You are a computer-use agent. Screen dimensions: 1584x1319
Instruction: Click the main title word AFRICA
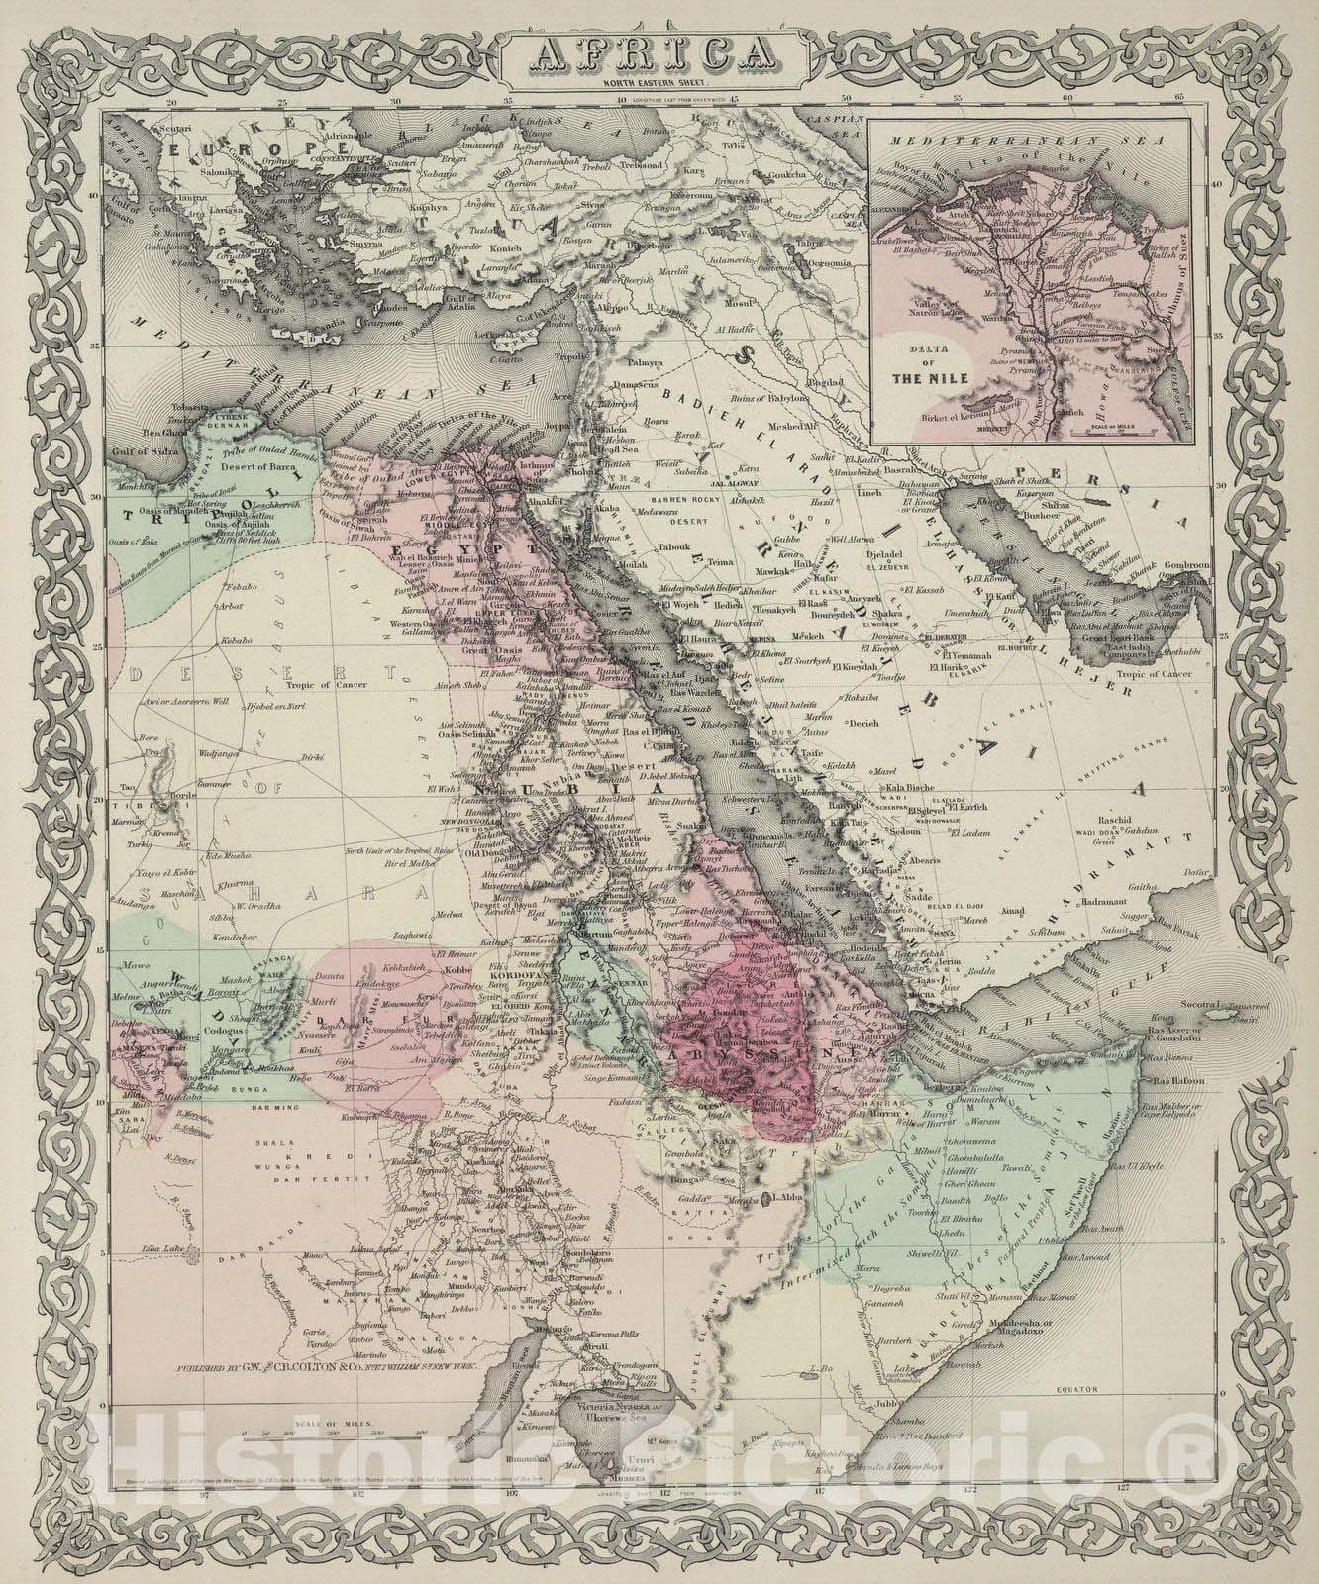658,49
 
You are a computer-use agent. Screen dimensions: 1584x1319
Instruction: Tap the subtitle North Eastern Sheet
658,82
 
